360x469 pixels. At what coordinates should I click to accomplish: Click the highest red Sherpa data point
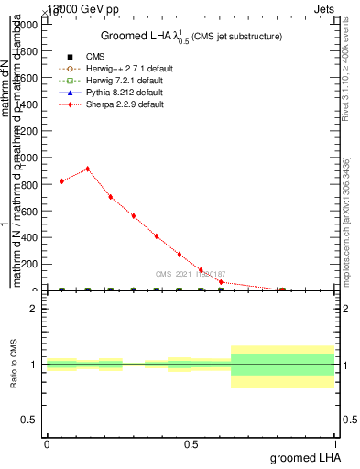(87, 169)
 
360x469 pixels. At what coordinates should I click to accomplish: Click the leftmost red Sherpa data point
(61, 181)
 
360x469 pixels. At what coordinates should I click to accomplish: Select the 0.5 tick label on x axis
(191, 444)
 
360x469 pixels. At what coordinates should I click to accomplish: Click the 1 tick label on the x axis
(336, 444)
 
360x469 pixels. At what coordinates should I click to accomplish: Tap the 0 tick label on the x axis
(47, 444)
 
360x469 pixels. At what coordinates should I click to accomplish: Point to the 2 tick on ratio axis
(34, 309)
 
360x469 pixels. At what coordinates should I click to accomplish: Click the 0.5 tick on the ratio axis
(29, 420)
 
